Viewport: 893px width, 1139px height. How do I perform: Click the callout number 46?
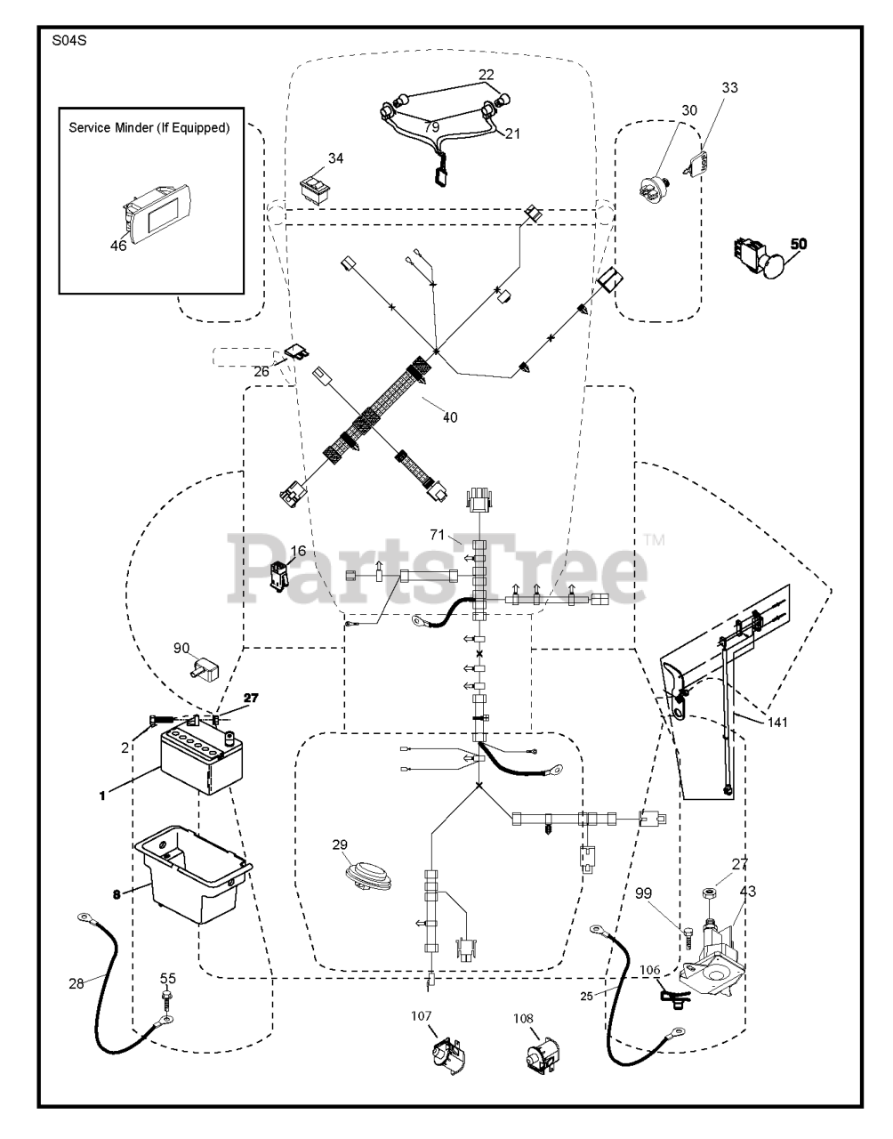(x=118, y=246)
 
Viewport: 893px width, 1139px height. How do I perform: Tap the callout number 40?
(x=450, y=416)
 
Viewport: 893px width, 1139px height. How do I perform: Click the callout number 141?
(x=777, y=723)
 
